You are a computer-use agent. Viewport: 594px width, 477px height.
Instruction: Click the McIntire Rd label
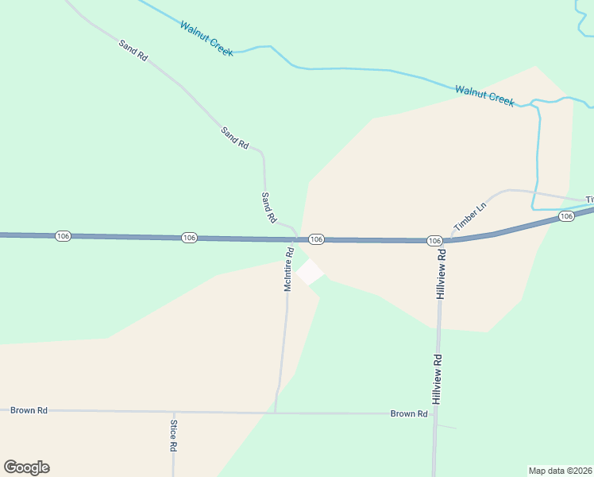tap(289, 269)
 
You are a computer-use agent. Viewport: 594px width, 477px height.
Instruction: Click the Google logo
tap(26, 467)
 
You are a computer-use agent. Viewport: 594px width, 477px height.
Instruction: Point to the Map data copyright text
tap(561, 470)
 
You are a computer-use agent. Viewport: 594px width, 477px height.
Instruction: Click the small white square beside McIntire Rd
tap(310, 271)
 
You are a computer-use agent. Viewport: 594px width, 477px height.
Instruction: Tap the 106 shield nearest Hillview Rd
tap(434, 240)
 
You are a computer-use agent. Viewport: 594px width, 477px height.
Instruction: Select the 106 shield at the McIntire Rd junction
tap(316, 239)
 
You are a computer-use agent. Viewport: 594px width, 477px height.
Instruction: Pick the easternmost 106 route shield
tap(566, 216)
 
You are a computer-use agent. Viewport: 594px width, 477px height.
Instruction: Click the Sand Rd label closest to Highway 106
tap(269, 207)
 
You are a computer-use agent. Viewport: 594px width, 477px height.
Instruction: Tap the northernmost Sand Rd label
tap(133, 50)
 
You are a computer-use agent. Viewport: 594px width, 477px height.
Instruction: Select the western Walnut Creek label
tap(206, 38)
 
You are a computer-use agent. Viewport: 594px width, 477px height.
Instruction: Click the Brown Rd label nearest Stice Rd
tap(29, 410)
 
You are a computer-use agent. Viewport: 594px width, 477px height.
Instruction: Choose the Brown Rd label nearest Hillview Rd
tap(409, 414)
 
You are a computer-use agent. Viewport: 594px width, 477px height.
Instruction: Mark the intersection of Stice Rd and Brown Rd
tap(173, 412)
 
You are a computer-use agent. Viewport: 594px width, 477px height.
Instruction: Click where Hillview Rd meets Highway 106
tap(441, 241)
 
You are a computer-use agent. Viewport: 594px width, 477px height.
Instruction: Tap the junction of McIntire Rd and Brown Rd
tap(276, 413)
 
